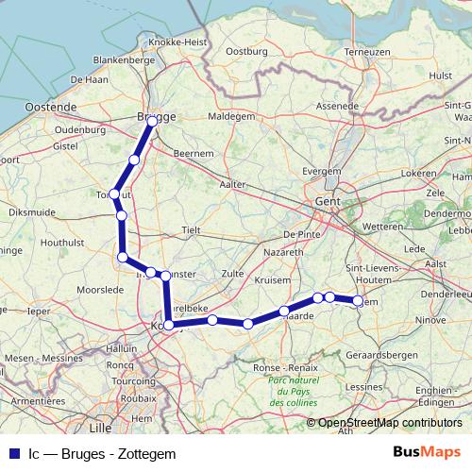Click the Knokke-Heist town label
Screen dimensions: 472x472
tap(171, 43)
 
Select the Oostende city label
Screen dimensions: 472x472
tap(49, 107)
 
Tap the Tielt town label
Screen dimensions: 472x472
tap(192, 229)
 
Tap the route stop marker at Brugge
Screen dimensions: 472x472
tap(152, 121)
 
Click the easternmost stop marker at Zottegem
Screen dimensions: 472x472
tap(358, 300)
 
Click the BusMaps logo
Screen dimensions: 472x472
tap(428, 451)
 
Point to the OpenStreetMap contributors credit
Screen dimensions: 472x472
tap(390, 423)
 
